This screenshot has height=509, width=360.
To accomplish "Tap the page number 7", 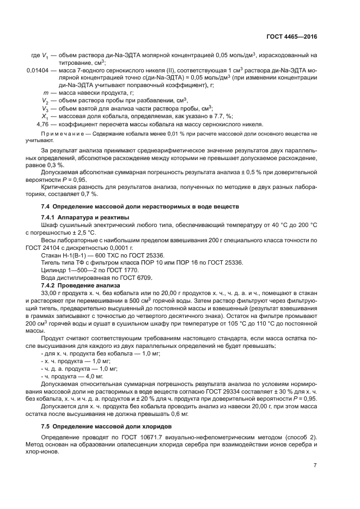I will tap(315, 465).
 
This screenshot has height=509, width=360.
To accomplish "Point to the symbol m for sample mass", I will tap(46, 93).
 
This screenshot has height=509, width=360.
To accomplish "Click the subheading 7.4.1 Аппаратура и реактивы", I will tap(84, 217).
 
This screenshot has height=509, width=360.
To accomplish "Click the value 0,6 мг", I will tap(178, 414).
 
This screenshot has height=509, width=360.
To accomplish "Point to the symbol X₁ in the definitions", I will tap(46, 116).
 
